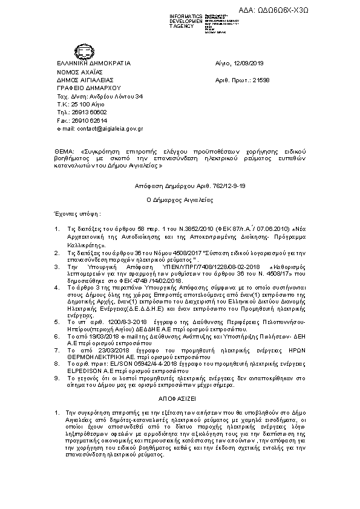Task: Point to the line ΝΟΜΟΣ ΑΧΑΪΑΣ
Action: pyautogui.click(x=79, y=71)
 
